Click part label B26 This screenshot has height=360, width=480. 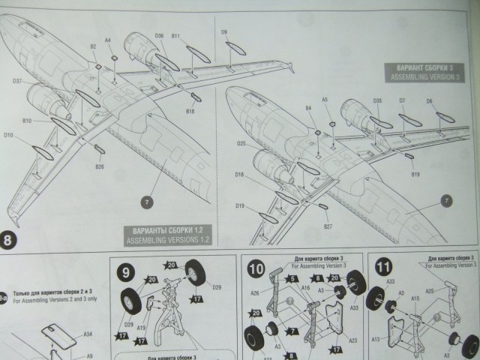[100, 167]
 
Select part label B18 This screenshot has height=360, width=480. [190, 111]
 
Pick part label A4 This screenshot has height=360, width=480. [107, 40]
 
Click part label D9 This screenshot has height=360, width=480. [223, 31]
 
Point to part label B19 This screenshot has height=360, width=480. [415, 174]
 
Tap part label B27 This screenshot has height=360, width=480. [328, 225]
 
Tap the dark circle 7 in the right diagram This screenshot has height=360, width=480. [447, 200]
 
